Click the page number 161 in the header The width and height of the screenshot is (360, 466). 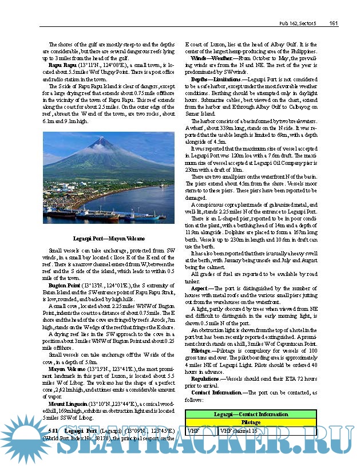[x=335, y=23]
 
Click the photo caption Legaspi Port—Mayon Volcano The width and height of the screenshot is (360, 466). [x=108, y=238]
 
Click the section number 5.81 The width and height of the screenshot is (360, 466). [x=53, y=431]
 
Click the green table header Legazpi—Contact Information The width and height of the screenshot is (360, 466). [x=251, y=414]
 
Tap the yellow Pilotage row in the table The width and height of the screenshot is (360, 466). [x=251, y=422]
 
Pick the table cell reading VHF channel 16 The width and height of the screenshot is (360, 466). [x=235, y=430]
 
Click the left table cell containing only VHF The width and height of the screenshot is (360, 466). [x=193, y=430]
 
